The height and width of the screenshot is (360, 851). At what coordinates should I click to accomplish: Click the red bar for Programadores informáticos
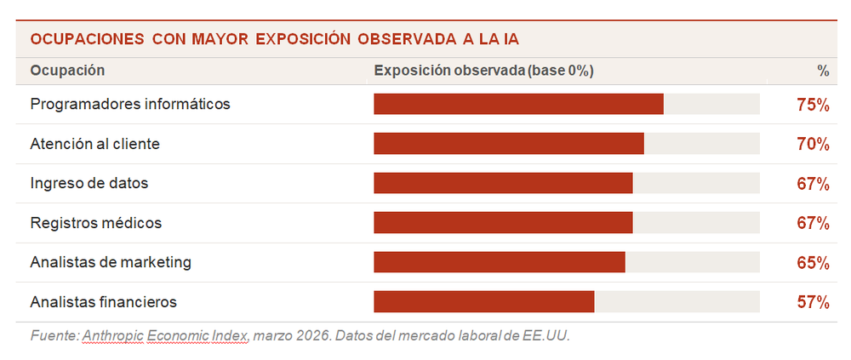tap(518, 105)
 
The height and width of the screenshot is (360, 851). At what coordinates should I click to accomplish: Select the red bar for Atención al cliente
tap(508, 144)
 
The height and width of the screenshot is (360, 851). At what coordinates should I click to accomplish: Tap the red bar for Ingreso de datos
tap(503, 183)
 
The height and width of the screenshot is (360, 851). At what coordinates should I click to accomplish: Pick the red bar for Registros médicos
tap(503, 223)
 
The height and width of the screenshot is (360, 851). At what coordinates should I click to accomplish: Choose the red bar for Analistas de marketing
tap(500, 262)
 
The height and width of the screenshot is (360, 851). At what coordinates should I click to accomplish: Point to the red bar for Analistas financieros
tap(483, 301)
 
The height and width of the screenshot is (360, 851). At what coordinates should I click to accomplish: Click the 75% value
tap(813, 105)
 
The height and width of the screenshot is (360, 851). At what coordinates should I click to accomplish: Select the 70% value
tap(813, 144)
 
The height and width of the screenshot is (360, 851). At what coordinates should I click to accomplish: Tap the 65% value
tap(813, 262)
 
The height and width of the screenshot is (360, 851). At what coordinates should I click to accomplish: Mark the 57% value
tap(813, 301)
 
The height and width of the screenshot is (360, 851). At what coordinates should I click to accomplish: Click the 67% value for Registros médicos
tap(813, 223)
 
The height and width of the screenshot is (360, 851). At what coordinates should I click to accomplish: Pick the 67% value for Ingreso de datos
tap(813, 183)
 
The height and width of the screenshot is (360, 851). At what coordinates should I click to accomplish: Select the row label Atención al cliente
tap(94, 144)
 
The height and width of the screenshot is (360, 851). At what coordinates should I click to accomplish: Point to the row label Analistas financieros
tap(103, 301)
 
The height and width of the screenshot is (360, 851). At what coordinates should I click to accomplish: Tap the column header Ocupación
tap(67, 70)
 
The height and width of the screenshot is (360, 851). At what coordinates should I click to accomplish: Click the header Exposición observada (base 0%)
tap(483, 70)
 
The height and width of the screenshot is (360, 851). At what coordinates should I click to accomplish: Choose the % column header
tap(822, 70)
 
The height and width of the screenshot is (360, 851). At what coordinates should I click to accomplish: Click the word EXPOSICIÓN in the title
tap(304, 39)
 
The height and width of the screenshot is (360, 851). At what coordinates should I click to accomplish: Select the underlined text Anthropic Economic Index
tap(165, 335)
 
